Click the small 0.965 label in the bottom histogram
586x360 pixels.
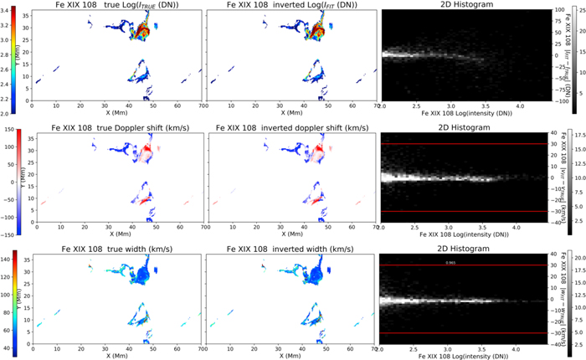point(450,262)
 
